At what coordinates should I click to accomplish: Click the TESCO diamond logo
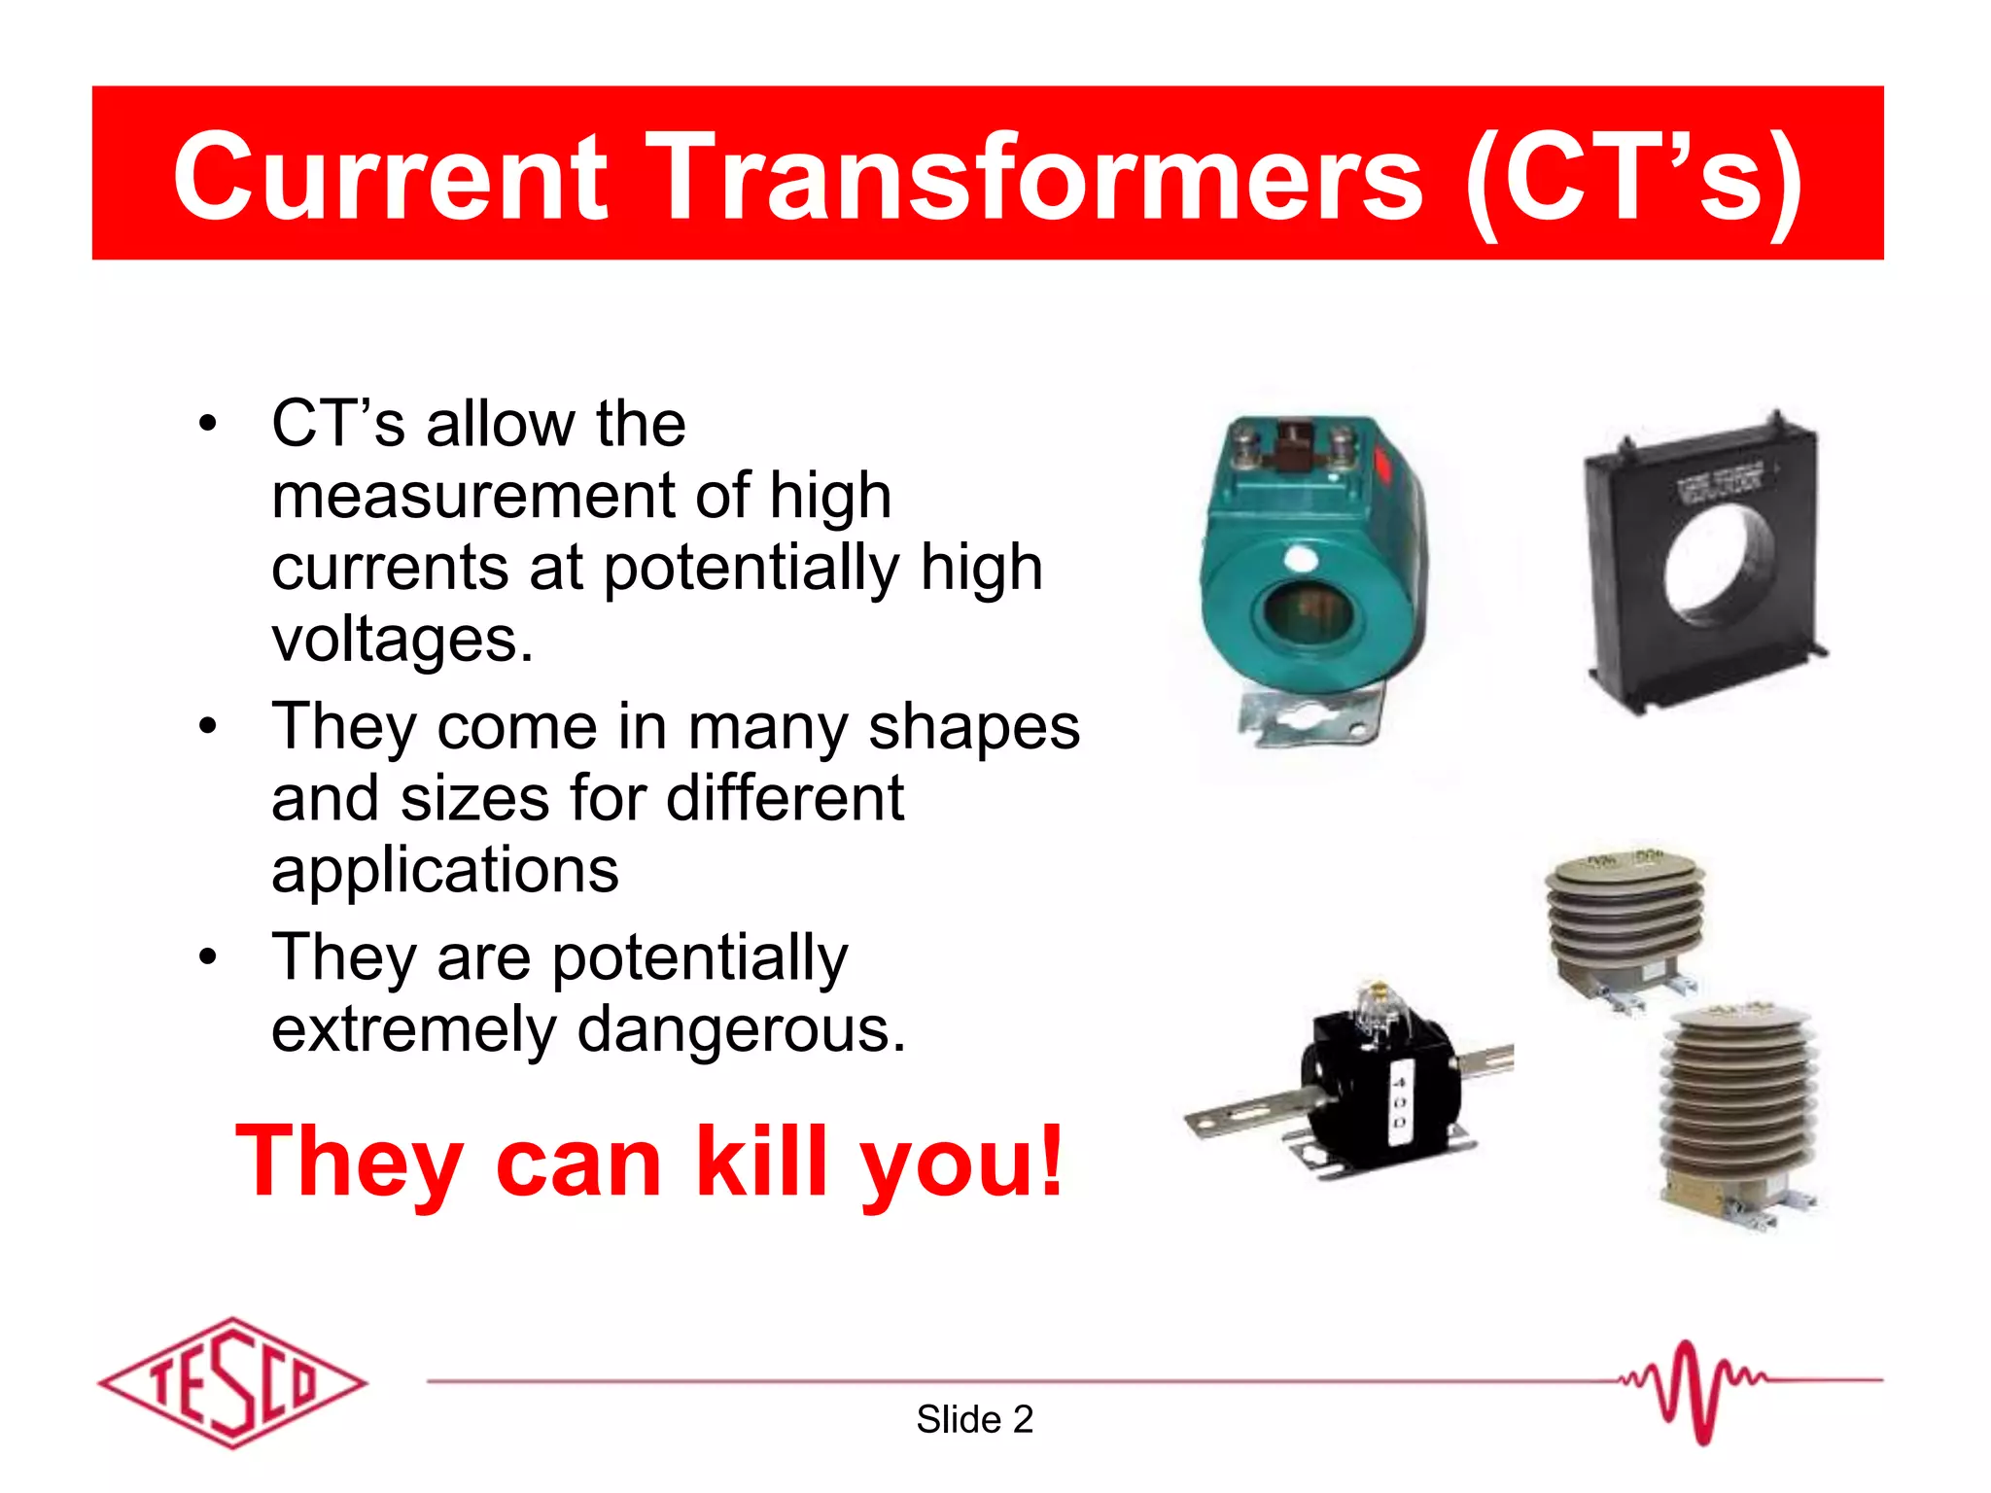coord(232,1382)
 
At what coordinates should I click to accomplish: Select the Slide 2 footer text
coord(974,1420)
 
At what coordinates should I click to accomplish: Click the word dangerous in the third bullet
coord(741,1029)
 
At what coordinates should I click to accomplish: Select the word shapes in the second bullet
coord(974,727)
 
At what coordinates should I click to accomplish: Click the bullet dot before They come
coord(207,727)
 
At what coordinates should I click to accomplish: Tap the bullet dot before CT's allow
coord(207,425)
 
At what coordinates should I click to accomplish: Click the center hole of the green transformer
coord(1308,613)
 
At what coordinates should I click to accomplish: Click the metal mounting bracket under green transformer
coord(1308,720)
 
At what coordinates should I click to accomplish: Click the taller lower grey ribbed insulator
coord(1736,1108)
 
